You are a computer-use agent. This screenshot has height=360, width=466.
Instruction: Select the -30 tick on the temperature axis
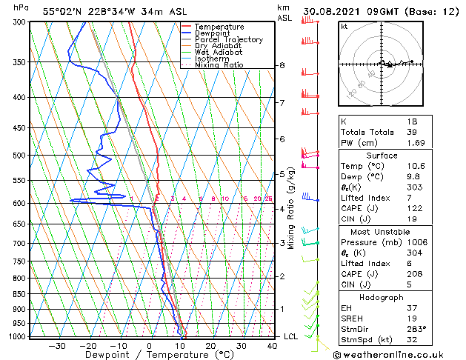pos(57,346)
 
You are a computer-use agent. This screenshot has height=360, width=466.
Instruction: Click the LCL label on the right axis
pos(291,336)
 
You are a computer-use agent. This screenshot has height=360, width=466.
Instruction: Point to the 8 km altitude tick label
pos(282,65)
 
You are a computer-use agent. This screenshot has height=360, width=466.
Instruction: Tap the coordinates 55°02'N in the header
pos(62,11)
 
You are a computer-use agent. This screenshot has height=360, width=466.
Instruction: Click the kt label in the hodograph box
pos(344,26)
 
